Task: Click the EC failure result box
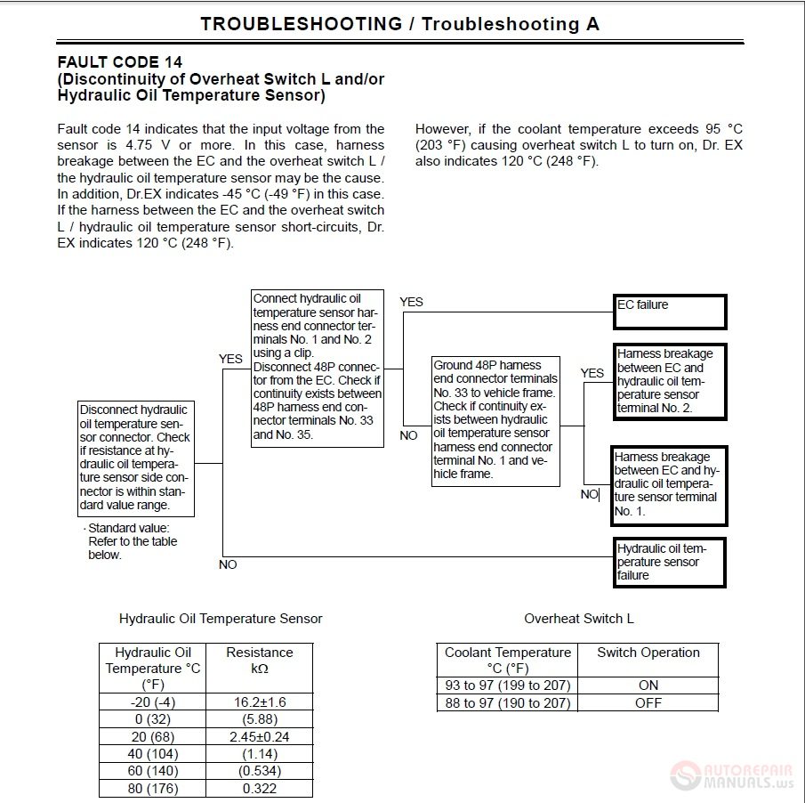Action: click(x=670, y=312)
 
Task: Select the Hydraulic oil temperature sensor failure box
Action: click(x=670, y=562)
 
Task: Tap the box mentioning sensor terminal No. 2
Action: click(x=670, y=381)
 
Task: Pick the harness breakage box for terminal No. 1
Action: click(x=670, y=485)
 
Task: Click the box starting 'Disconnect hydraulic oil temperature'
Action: click(x=135, y=458)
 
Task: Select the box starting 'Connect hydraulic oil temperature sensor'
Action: click(x=318, y=367)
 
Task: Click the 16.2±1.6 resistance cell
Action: click(x=260, y=702)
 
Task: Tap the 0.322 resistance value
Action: click(x=260, y=789)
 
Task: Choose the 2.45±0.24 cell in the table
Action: click(x=260, y=737)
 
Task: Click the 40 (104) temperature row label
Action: click(x=153, y=754)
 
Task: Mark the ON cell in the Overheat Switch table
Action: click(x=648, y=685)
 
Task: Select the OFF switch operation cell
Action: click(x=648, y=703)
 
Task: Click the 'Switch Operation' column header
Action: click(x=648, y=653)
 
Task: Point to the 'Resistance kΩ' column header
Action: click(x=260, y=661)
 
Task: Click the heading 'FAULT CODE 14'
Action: click(x=120, y=62)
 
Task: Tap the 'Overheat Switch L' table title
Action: click(x=579, y=619)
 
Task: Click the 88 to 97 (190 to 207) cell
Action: click(x=508, y=703)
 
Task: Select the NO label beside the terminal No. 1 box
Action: click(x=589, y=494)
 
